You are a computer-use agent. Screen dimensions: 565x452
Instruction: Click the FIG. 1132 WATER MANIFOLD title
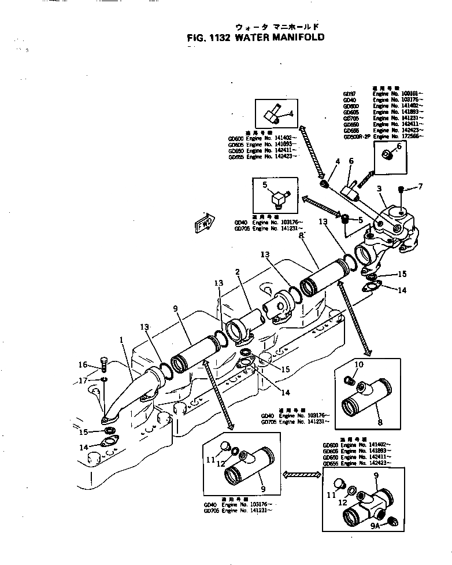[x=255, y=37]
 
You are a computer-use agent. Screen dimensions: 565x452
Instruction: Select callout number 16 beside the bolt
[x=83, y=364]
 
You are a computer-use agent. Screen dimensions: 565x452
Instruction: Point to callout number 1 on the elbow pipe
[x=122, y=341]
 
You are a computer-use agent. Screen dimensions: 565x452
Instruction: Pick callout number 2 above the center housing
[x=237, y=271]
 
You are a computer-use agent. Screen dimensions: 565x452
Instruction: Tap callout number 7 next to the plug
[x=420, y=187]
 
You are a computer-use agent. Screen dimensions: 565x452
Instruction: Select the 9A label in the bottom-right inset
[x=375, y=526]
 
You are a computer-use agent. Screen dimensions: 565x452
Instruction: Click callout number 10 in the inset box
[x=358, y=364]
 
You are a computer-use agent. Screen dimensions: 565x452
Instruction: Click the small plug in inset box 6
[x=387, y=154]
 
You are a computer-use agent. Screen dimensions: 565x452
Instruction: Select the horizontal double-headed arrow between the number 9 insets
[x=301, y=474]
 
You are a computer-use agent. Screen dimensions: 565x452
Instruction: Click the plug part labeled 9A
[x=392, y=522]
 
